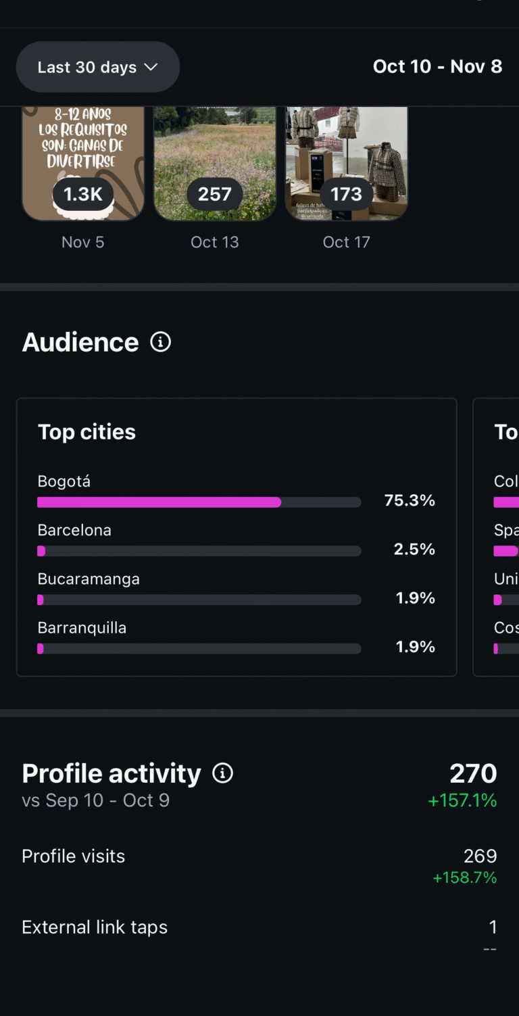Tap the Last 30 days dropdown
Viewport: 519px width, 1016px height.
tap(97, 67)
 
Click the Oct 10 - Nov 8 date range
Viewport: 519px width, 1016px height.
tap(437, 66)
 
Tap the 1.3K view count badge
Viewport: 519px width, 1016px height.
tap(83, 194)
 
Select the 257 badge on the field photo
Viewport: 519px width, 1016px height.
tap(215, 194)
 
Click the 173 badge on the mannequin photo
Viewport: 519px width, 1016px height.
tap(346, 194)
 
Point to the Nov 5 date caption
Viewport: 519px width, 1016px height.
tap(83, 242)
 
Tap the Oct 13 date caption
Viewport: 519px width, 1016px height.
tap(215, 242)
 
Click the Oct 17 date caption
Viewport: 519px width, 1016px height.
tap(346, 242)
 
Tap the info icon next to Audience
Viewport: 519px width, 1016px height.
tap(160, 342)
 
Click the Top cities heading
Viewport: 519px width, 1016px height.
tap(86, 432)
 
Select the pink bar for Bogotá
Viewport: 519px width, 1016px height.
tap(159, 502)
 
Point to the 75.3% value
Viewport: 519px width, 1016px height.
tap(410, 501)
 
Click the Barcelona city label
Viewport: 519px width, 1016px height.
tap(74, 530)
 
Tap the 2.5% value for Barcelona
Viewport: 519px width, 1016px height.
tap(414, 550)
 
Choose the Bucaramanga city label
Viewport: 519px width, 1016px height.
tap(89, 579)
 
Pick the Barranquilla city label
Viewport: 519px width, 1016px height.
tap(82, 628)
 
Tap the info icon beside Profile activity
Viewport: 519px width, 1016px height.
tap(222, 773)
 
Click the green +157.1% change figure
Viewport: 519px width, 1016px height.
tap(462, 801)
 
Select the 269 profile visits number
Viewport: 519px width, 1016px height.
tap(480, 856)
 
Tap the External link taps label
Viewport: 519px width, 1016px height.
tap(95, 927)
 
